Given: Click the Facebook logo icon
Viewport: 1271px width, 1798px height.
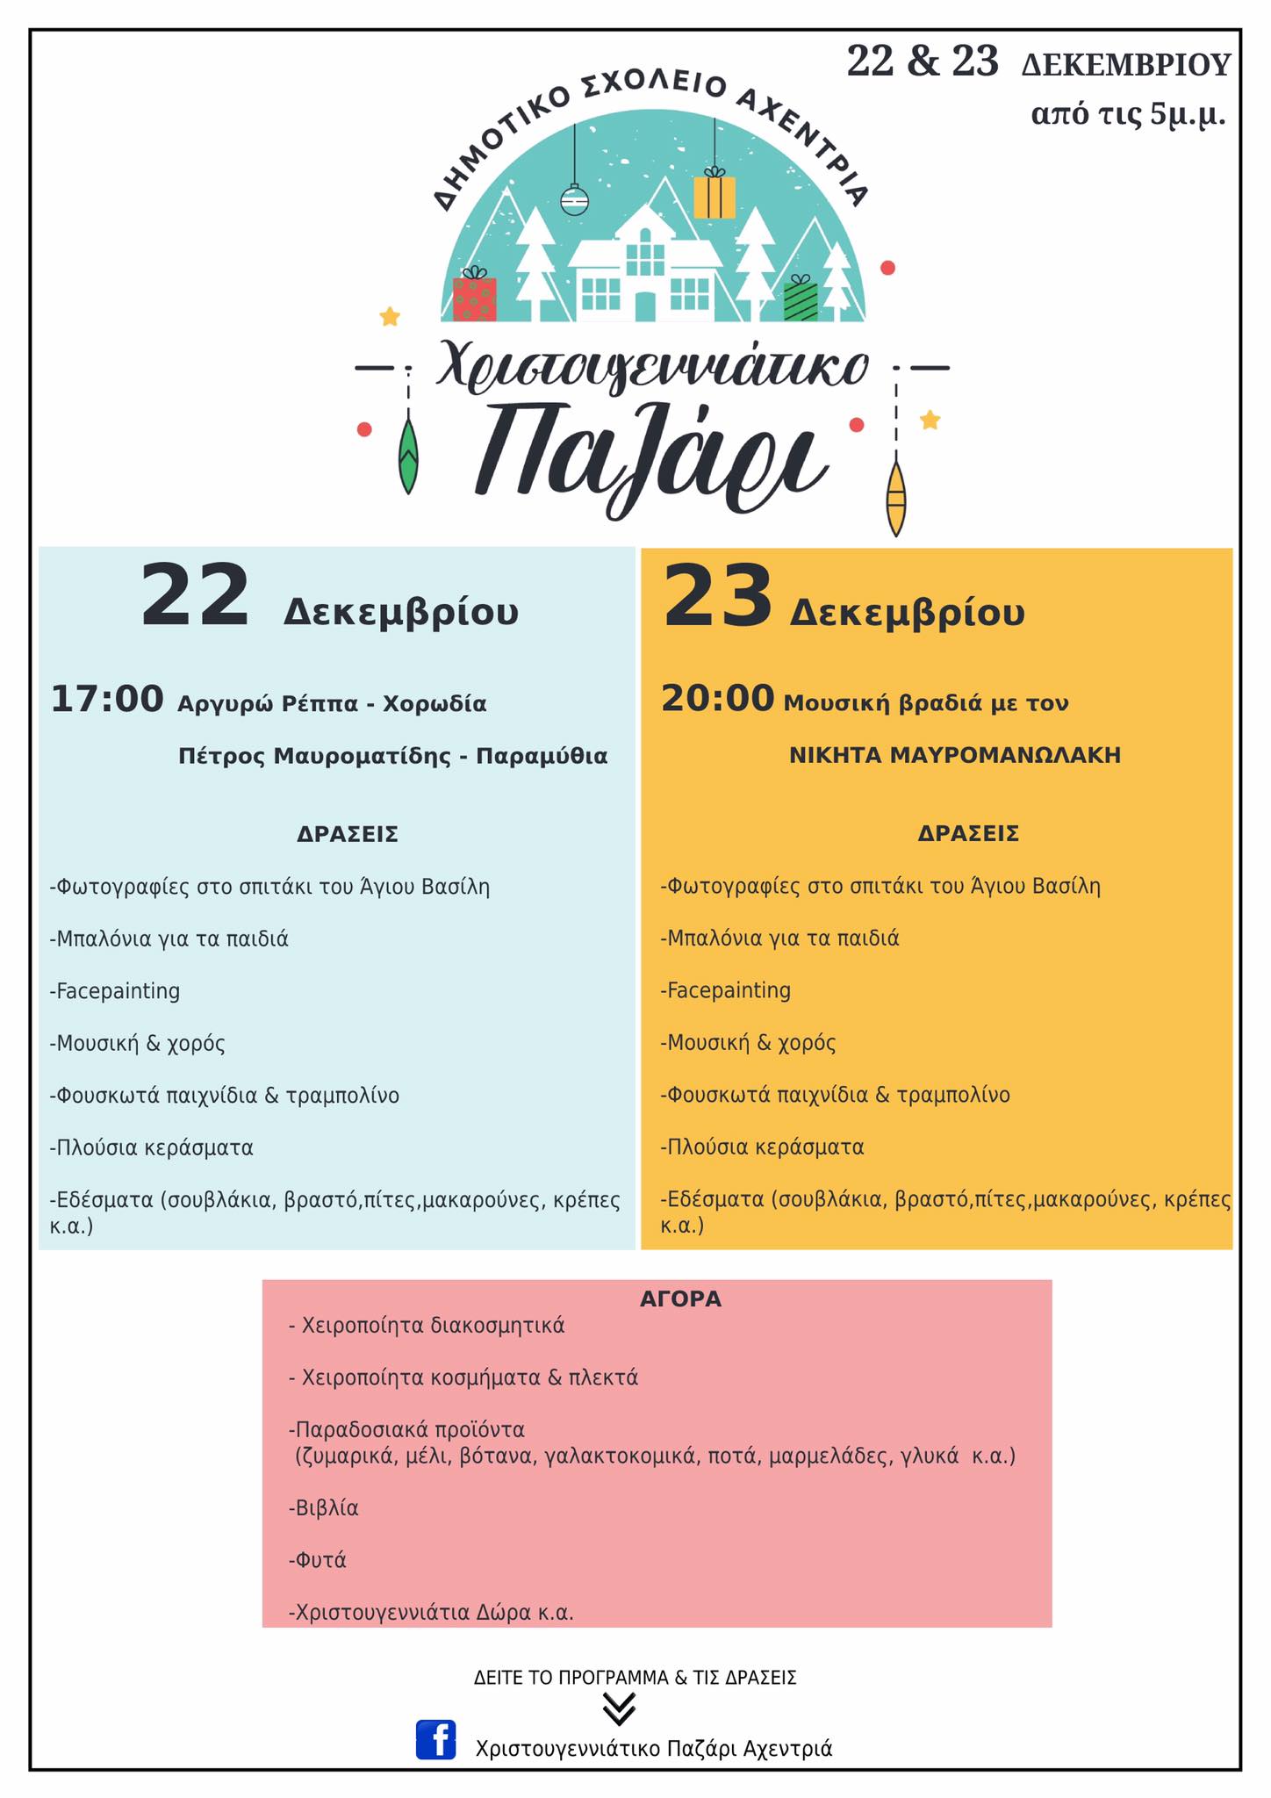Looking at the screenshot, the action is click(x=435, y=1739).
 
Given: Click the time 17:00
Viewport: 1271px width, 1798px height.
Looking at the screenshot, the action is click(x=107, y=700).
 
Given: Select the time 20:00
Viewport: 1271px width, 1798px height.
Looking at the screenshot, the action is click(x=717, y=699).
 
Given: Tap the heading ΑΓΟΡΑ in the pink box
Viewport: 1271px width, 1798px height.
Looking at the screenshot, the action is click(x=680, y=1298).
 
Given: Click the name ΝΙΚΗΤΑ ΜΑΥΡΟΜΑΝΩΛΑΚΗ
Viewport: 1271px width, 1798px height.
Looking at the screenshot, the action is click(x=955, y=755).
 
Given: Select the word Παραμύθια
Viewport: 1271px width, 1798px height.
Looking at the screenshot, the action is click(x=542, y=756).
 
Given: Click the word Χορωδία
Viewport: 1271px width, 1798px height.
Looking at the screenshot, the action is click(x=434, y=703).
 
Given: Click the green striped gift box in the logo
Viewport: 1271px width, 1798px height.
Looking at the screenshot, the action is click(x=800, y=299).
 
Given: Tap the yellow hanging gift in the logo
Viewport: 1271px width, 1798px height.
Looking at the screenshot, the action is click(x=714, y=195).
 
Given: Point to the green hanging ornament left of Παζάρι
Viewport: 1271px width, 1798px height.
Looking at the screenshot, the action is click(x=408, y=457).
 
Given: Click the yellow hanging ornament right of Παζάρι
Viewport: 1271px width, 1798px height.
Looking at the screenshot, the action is click(x=895, y=498).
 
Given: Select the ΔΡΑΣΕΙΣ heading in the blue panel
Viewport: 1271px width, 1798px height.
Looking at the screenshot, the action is click(x=348, y=834).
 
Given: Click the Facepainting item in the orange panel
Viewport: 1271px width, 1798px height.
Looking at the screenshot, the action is click(x=726, y=990).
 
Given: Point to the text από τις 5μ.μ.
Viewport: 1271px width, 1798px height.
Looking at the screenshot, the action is click(x=1128, y=114).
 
